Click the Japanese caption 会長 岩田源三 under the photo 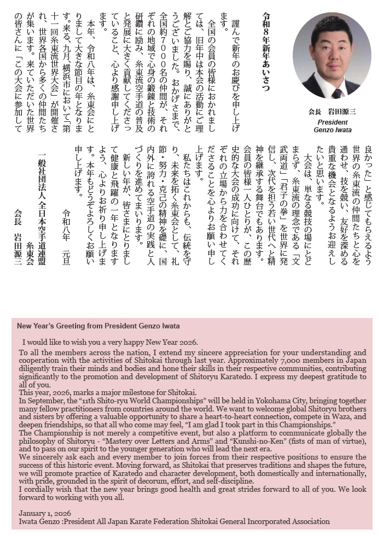(x=332, y=111)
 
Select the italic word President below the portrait (x=332, y=121)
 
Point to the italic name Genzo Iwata (x=332, y=130)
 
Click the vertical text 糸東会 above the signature (x=30, y=252)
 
